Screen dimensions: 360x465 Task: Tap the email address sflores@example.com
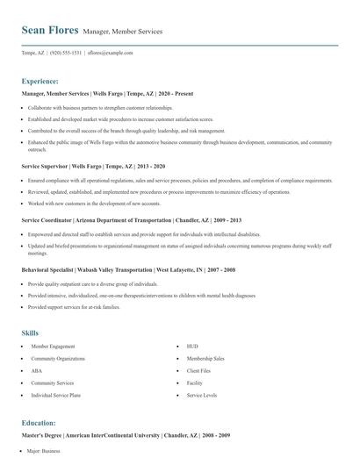click(x=110, y=53)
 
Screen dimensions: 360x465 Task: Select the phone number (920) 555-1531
click(x=66, y=53)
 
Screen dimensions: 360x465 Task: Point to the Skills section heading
click(x=31, y=333)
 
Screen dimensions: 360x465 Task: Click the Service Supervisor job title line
click(x=86, y=165)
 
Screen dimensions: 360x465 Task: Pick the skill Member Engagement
click(x=53, y=347)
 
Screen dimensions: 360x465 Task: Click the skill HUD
click(x=192, y=347)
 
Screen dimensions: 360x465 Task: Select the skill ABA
click(x=37, y=371)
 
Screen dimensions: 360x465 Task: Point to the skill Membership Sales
click(x=205, y=359)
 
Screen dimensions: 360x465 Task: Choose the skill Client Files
click(x=199, y=371)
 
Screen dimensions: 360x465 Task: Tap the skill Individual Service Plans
click(x=57, y=396)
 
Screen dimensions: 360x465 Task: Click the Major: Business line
click(x=45, y=451)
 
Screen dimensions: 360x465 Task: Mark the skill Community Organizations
click(x=58, y=359)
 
